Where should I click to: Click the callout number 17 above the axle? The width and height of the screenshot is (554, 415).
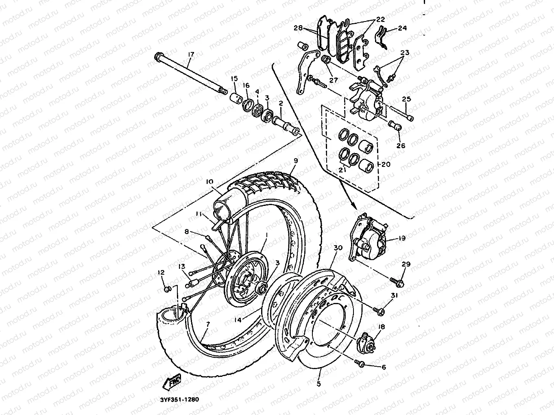pos(191,54)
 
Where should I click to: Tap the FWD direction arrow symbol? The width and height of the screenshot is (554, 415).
pos(171,382)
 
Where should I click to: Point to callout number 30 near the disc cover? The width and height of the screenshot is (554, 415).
pos(338,248)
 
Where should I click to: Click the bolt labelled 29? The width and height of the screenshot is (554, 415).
pos(398,281)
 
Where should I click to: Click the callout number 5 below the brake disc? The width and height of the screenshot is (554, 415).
pos(318,383)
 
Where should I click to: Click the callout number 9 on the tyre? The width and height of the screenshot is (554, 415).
pos(296,161)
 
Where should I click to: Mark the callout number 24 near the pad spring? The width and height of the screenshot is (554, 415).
pos(402,28)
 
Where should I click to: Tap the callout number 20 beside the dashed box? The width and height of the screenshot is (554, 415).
pos(386,164)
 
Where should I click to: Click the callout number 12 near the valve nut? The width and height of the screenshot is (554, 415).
pos(161,272)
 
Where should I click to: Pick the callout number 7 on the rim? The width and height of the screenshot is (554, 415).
pos(208,324)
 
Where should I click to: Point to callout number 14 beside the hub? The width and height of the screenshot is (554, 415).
pos(238,320)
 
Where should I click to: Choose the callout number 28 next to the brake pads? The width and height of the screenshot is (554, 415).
pos(298,28)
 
